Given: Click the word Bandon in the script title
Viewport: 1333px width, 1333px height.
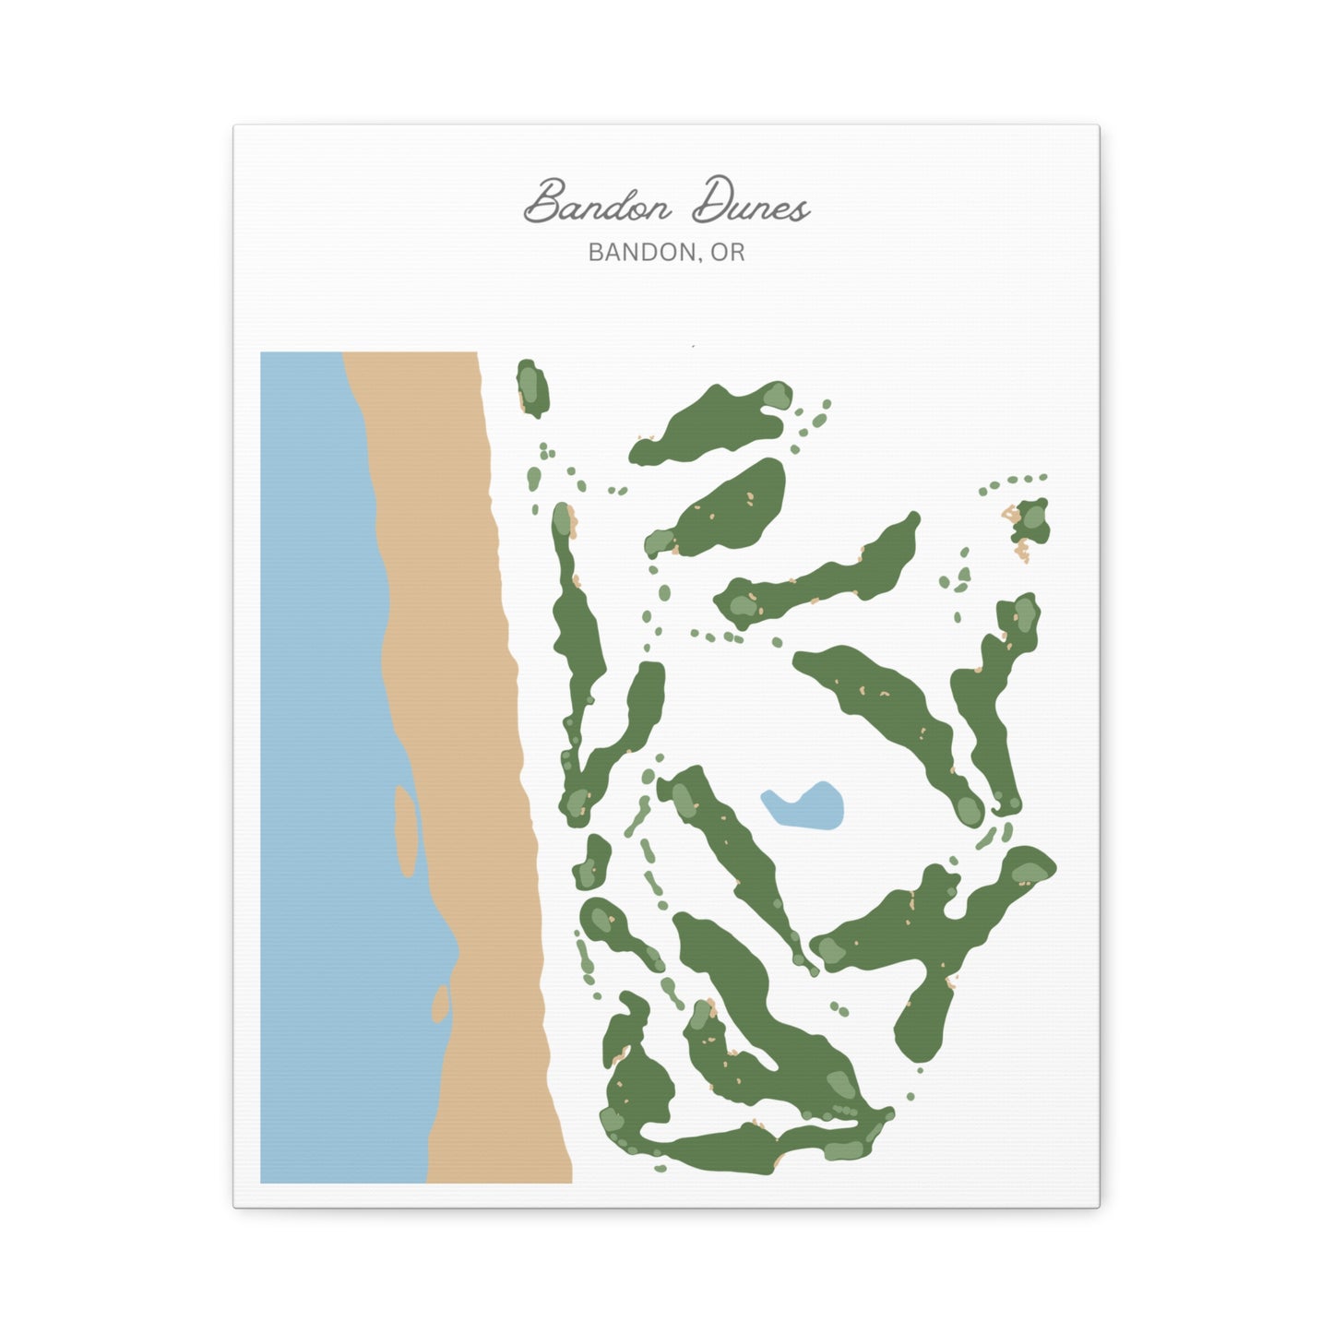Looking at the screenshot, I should (598, 203).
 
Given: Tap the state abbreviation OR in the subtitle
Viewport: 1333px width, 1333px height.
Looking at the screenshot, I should (728, 252).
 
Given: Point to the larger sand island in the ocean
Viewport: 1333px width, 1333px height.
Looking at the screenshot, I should (405, 830).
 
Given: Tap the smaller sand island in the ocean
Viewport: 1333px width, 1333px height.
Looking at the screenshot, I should (441, 1004).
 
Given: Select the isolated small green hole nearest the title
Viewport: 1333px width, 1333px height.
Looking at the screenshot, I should (532, 388).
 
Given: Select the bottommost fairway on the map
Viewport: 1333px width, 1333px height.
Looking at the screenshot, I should (738, 1149).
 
